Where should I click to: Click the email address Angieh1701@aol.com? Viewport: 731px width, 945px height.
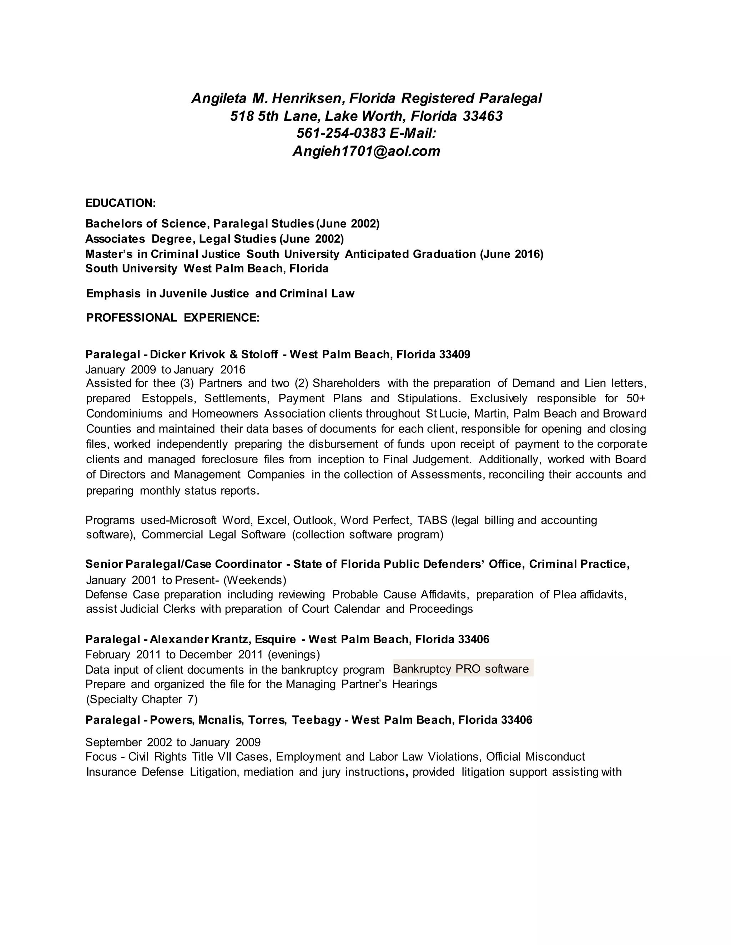coord(366,151)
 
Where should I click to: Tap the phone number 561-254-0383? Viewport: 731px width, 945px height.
coord(341,133)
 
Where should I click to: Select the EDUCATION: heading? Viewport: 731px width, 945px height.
coord(120,203)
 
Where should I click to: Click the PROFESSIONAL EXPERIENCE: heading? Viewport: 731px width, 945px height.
coord(173,318)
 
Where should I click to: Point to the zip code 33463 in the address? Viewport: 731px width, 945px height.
coord(483,116)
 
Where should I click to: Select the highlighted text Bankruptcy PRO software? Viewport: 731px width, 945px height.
coord(461,669)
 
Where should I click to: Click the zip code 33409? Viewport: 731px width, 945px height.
coord(454,354)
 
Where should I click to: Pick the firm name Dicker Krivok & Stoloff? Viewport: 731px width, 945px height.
coord(214,354)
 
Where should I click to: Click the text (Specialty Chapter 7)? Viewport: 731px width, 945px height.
coord(142,699)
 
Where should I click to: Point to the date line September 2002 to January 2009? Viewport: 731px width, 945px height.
coord(173,742)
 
